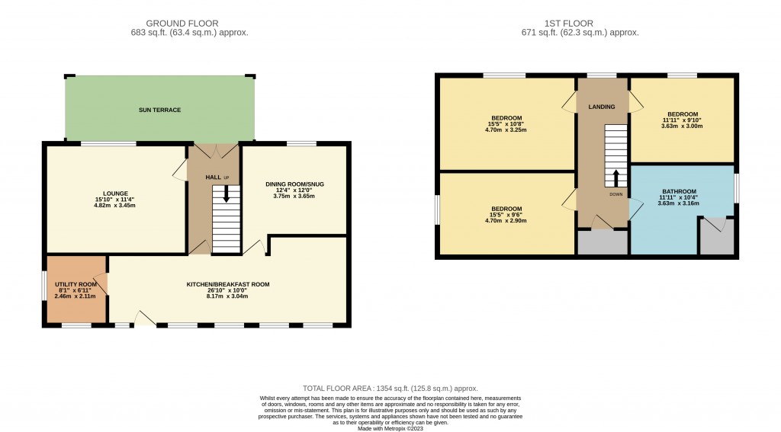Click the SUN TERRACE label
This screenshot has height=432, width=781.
click(x=159, y=110)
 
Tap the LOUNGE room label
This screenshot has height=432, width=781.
click(x=117, y=193)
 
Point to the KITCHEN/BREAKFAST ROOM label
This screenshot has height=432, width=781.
click(x=228, y=284)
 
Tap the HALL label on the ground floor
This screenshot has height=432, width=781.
click(x=213, y=178)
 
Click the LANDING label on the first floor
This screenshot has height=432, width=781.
click(x=601, y=107)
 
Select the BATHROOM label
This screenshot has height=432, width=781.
click(x=679, y=191)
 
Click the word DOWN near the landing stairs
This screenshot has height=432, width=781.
click(x=615, y=194)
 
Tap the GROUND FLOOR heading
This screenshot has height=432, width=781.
click(x=189, y=24)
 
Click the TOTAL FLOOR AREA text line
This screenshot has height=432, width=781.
click(x=390, y=389)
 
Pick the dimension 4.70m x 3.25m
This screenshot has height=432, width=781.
click(x=506, y=130)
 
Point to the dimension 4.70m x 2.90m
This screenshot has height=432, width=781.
click(x=506, y=221)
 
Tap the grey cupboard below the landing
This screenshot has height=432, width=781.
click(x=602, y=242)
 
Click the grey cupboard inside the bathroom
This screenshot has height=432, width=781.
click(x=717, y=237)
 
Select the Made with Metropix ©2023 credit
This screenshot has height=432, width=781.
click(x=390, y=427)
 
